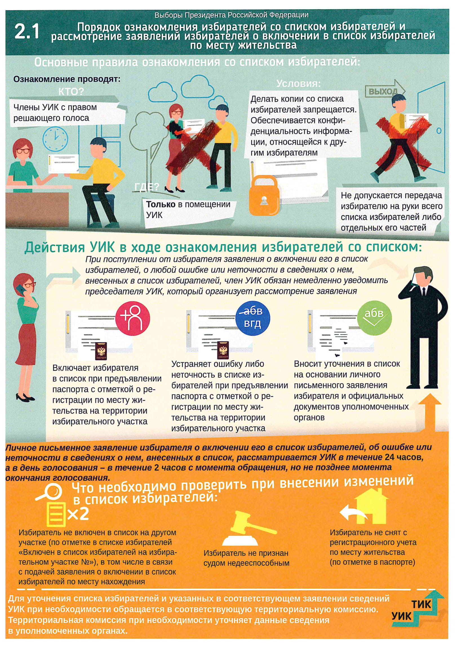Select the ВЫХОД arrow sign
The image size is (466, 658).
(x=385, y=91)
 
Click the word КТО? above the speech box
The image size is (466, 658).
(x=71, y=92)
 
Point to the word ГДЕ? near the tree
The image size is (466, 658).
(x=147, y=187)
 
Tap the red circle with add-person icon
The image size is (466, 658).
(x=133, y=318)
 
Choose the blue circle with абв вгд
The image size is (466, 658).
(x=252, y=318)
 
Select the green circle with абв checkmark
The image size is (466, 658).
(x=374, y=318)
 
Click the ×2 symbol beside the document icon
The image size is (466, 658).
(x=78, y=514)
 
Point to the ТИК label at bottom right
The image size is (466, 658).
(x=421, y=605)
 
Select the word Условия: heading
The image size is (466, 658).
(x=298, y=84)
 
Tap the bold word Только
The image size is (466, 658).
(x=160, y=204)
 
